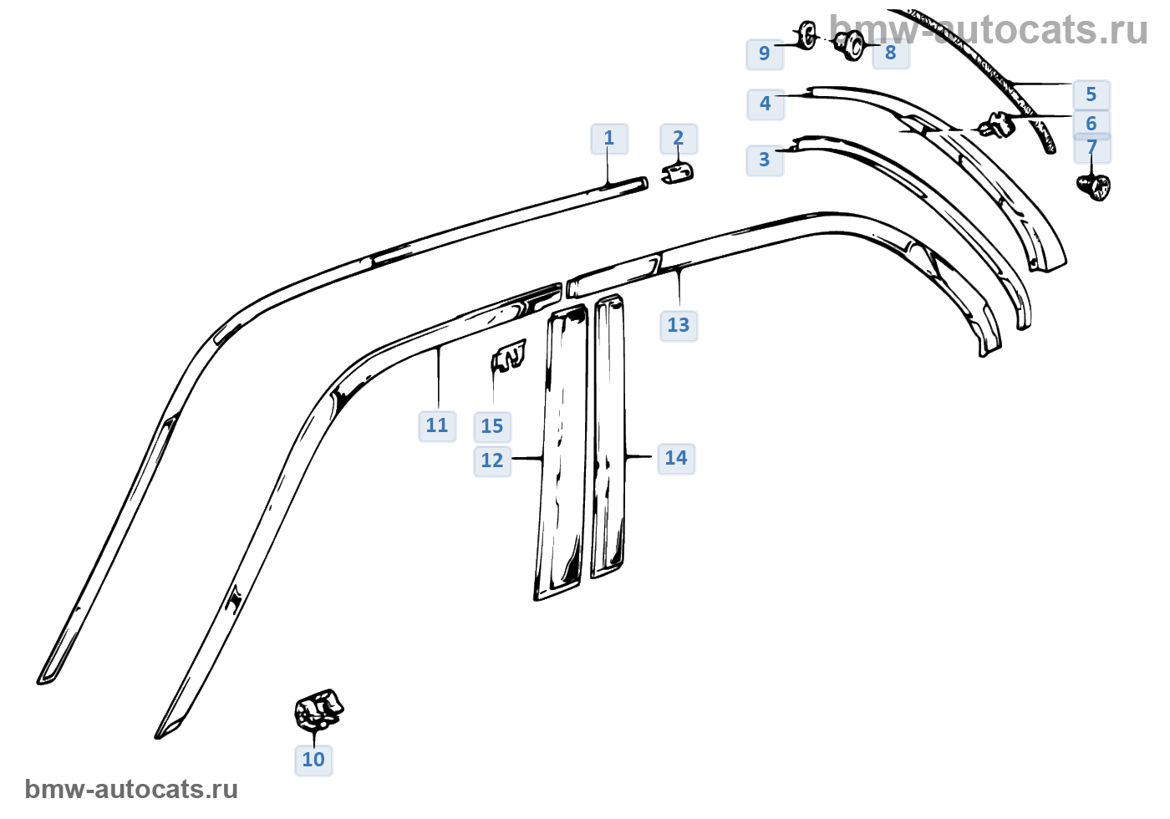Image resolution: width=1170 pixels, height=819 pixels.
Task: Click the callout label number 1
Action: [609, 139]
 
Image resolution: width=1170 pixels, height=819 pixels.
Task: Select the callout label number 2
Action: [679, 139]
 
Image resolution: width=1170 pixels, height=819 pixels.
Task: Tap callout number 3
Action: [765, 160]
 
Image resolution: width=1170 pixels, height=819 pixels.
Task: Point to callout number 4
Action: [766, 104]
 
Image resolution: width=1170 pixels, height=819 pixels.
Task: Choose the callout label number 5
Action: [1091, 95]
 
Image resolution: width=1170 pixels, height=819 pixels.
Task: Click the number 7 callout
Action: [1092, 148]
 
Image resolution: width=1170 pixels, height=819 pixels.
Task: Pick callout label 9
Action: [765, 53]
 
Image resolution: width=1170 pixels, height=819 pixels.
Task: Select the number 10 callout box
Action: [313, 760]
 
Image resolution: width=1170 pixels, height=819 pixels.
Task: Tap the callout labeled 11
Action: [437, 426]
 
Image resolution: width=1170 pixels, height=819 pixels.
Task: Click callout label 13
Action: [679, 326]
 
